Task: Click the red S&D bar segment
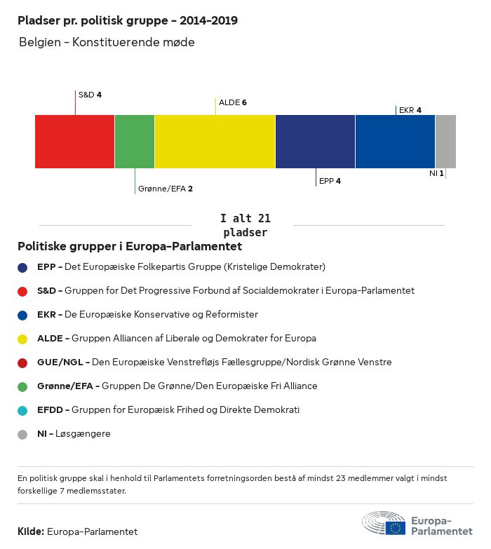(74, 142)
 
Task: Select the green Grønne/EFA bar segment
(135, 142)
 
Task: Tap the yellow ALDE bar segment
(215, 142)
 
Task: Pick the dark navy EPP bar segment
(315, 142)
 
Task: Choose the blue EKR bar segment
(395, 142)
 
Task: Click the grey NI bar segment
(445, 142)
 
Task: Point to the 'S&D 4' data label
(90, 95)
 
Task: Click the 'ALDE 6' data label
(233, 102)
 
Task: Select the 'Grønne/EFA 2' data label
(166, 189)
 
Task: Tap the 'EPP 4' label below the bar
(330, 181)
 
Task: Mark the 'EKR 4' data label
(410, 110)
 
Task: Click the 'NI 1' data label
(436, 172)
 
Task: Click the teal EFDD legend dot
(22, 410)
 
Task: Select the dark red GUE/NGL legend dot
(22, 362)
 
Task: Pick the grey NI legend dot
(22, 434)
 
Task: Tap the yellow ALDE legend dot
(22, 339)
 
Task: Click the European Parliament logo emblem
(384, 524)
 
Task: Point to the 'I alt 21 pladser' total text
(245, 225)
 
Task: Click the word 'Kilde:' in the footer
(31, 531)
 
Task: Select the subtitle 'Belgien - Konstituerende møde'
(107, 42)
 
